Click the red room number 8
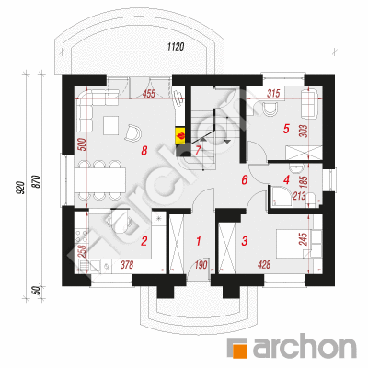(144, 151)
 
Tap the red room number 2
(144, 241)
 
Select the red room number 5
(286, 129)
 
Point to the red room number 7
(198, 151)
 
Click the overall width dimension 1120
(176, 47)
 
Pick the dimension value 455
(149, 93)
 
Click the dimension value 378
(127, 264)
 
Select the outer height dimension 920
(20, 188)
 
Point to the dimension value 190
(201, 264)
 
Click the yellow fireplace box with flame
(180, 135)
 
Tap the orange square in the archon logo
(239, 351)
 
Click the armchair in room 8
(133, 132)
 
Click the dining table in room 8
(100, 179)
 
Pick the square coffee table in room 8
(111, 125)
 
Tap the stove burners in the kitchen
(81, 237)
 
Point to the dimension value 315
(273, 93)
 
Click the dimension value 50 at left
(36, 291)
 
